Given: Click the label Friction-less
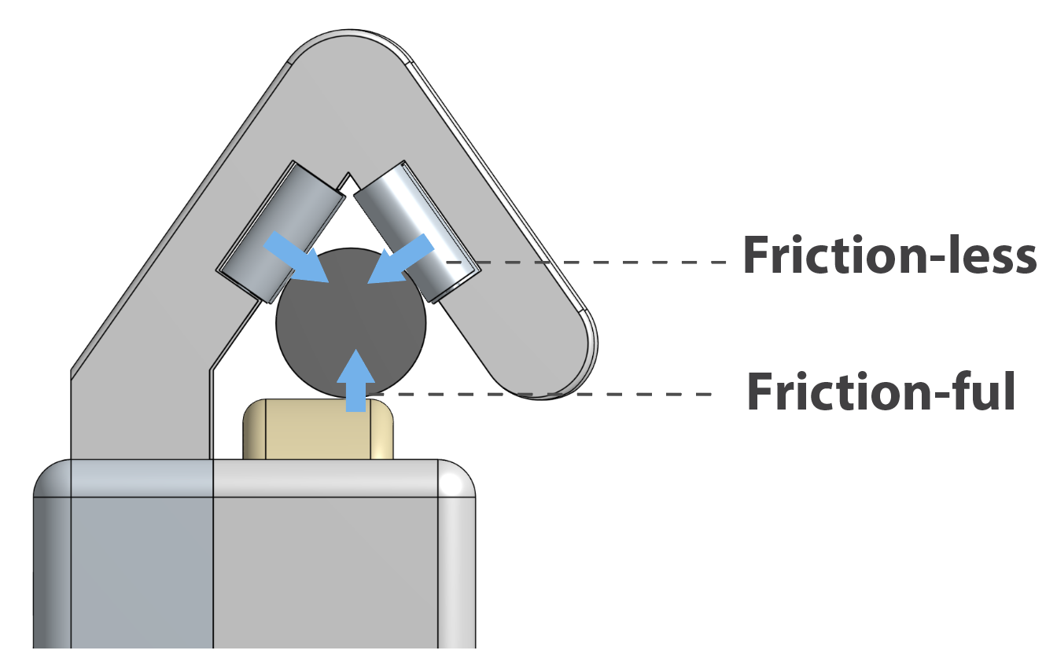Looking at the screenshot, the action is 889,257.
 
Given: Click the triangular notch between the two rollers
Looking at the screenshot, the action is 347,182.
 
